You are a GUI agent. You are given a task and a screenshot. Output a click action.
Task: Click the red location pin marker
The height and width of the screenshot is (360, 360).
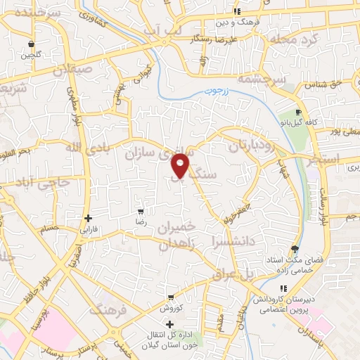[181, 167]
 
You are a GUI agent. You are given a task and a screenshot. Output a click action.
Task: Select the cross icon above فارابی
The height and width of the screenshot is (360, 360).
[88, 218]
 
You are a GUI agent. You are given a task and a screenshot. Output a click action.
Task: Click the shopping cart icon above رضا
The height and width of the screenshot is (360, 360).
[141, 211]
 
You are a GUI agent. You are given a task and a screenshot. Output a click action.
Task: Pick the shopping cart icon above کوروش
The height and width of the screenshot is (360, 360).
[170, 297]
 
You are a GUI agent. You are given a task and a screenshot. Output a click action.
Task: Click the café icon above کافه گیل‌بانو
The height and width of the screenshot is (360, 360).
[299, 112]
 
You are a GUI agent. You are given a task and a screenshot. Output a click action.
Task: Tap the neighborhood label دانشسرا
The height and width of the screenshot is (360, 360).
[226, 242]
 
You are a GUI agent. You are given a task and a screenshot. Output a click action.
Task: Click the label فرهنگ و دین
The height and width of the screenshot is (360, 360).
[259, 22]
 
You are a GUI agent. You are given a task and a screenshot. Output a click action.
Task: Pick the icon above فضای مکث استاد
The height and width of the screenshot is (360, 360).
[294, 250]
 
